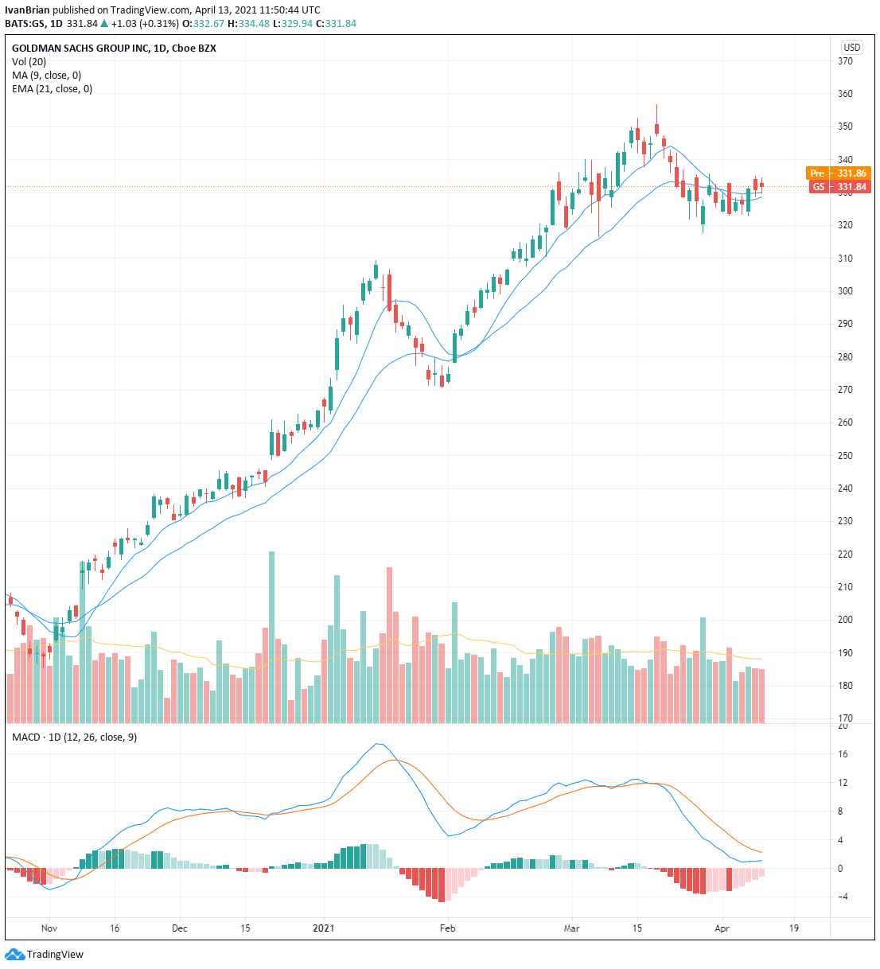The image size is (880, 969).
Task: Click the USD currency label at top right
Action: point(851,48)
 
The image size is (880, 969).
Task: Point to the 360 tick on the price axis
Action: point(845,94)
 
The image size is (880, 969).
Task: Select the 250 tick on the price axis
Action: point(845,456)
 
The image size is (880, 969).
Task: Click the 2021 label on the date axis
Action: point(325,928)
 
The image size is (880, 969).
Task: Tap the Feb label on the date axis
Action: point(448,928)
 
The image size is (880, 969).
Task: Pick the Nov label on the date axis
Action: point(49,928)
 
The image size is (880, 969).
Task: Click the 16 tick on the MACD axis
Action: point(842,754)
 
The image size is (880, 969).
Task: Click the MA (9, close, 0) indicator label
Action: point(46,76)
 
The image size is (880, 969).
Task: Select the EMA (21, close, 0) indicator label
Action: point(52,89)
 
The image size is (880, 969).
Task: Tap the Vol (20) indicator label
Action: point(29,62)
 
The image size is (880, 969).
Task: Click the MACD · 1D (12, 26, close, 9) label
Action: point(74,737)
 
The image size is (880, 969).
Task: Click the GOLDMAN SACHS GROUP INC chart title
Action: point(80,49)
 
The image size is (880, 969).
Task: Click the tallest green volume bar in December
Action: point(272,636)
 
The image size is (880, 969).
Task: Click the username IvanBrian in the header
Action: point(27,10)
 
